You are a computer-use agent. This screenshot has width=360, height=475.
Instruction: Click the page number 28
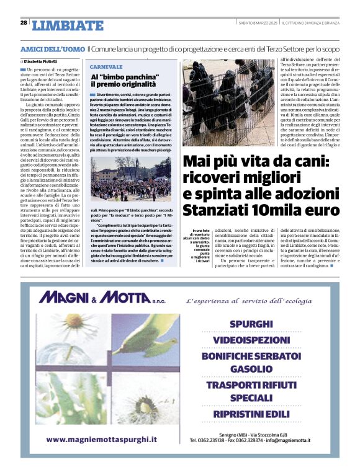tap(24, 22)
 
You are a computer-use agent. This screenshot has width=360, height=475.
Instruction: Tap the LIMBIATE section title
tap(68, 25)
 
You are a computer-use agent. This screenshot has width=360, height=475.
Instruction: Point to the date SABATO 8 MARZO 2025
tap(258, 23)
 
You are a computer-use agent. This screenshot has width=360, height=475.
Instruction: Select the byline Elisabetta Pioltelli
tap(45, 62)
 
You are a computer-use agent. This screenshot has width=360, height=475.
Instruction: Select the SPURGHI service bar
tap(251, 324)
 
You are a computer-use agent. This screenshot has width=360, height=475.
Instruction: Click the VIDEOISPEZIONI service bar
tap(251, 340)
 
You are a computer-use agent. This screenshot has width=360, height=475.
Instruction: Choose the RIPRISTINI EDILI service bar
tap(251, 413)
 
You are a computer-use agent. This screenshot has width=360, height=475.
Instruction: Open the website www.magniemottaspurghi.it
tap(101, 439)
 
